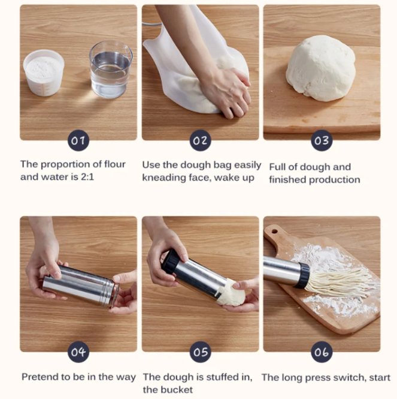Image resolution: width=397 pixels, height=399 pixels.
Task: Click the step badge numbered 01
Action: [78, 140]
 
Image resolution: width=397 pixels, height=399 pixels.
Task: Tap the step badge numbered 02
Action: [201, 140]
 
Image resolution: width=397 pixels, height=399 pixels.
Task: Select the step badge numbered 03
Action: [322, 140]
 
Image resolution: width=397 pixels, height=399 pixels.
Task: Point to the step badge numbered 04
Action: [78, 352]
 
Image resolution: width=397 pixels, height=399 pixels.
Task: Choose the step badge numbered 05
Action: [201, 352]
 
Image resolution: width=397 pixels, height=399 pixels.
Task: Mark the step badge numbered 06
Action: [322, 352]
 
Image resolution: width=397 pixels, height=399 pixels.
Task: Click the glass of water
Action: [111, 69]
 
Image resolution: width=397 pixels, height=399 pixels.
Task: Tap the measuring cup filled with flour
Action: [44, 72]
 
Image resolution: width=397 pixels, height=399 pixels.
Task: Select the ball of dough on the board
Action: [320, 68]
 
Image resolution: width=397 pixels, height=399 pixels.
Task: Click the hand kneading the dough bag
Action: [226, 92]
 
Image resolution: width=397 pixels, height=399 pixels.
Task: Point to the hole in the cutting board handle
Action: [274, 232]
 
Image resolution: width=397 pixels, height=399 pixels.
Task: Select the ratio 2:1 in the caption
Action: [87, 177]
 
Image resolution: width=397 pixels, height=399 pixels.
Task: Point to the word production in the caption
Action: [335, 180]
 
